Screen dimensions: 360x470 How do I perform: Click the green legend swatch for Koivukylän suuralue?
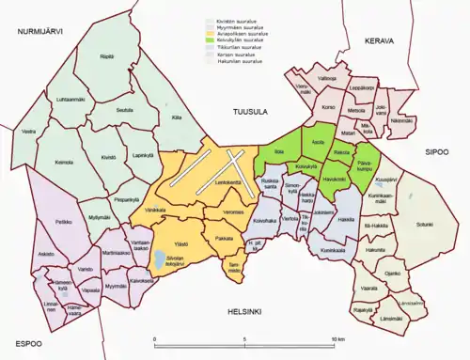(x=211, y=41)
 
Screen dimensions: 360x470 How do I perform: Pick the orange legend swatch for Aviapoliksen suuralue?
(x=211, y=35)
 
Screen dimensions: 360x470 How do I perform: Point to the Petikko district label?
(x=38, y=222)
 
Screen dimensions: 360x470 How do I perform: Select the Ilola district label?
(x=278, y=150)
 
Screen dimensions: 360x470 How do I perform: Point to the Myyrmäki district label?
(x=116, y=285)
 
